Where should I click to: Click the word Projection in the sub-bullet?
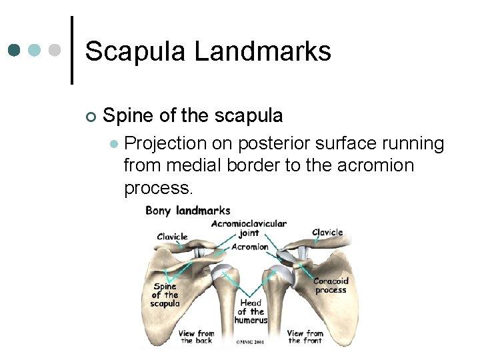167,143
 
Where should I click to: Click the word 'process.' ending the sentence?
158,188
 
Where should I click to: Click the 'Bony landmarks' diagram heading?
188,211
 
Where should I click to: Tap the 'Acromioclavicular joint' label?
249,229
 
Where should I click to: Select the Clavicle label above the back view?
173,236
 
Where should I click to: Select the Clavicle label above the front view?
327,232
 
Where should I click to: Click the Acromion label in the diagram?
249,247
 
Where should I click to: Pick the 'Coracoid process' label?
331,285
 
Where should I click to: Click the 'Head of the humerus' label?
251,311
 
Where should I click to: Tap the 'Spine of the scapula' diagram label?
165,295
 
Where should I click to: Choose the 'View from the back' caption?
197,337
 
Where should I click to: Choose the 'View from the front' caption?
305,337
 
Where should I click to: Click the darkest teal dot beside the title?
15,51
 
